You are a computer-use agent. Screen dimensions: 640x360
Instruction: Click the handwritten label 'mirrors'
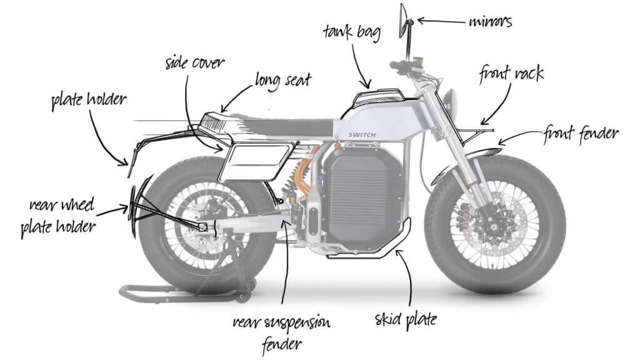tap(490, 21)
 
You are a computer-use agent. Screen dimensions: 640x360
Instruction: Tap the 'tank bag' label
tap(352, 32)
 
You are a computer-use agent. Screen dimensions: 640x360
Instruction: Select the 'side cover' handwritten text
tap(195, 63)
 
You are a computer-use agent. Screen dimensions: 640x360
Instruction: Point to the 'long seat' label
tap(283, 80)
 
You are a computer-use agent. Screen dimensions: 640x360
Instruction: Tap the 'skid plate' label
tap(406, 319)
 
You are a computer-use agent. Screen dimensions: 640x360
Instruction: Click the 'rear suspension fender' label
tap(282, 332)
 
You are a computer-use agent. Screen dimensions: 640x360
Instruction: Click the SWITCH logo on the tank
tap(362, 135)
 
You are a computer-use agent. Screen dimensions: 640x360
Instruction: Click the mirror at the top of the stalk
tap(403, 21)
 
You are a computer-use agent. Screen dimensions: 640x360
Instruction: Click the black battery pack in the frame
tap(362, 194)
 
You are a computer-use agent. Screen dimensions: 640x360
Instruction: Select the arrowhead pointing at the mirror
tap(421, 20)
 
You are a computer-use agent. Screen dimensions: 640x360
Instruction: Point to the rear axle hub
tap(203, 226)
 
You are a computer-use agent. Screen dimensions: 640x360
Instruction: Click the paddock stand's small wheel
tap(244, 296)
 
